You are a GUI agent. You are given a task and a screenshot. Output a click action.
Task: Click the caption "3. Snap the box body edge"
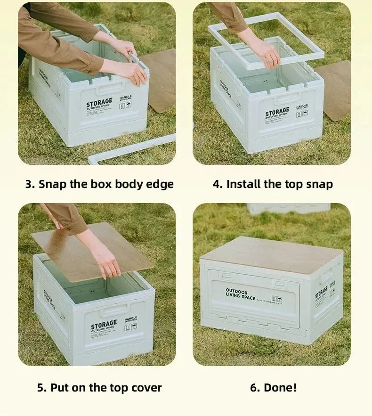pos(99,184)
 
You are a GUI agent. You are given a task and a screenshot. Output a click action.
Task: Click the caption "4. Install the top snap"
pos(273,184)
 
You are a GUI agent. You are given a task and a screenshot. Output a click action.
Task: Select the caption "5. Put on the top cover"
pos(99,388)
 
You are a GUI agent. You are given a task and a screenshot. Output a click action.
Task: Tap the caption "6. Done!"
pos(273,388)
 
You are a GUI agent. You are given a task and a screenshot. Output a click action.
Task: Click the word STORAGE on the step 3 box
pos(99,102)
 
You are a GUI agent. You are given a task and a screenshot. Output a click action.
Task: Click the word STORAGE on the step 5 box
pos(104,326)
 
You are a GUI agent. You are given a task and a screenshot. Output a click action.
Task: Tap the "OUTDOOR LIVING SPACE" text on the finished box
pos(240,294)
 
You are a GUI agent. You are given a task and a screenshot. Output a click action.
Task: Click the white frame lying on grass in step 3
pos(132,149)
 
